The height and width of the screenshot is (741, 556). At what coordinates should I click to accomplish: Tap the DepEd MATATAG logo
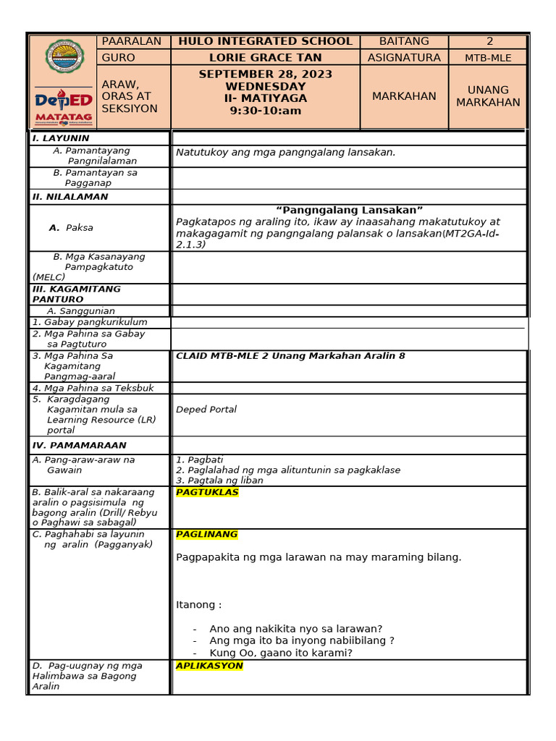click(63, 106)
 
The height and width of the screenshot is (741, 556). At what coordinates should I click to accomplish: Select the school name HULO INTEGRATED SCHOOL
click(266, 41)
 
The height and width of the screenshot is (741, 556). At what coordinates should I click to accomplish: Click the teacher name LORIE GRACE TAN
click(266, 57)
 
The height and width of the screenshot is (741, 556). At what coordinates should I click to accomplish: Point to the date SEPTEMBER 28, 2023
click(266, 75)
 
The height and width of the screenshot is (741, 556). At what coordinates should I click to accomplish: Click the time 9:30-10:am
click(266, 111)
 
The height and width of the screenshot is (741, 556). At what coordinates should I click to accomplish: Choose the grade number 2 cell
click(487, 41)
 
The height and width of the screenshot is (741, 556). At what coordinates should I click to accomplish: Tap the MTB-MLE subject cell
click(487, 58)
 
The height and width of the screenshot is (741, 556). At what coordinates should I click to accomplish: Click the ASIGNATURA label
click(403, 57)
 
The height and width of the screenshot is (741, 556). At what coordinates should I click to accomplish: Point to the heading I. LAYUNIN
click(61, 137)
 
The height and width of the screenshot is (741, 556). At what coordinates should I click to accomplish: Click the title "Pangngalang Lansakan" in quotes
click(349, 210)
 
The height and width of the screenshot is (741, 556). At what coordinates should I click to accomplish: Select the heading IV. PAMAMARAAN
click(80, 445)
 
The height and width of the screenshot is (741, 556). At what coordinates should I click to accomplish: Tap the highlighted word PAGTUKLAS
click(207, 493)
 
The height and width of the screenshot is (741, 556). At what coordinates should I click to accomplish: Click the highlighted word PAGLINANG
click(207, 534)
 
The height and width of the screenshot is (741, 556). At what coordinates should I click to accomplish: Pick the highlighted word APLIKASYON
click(209, 666)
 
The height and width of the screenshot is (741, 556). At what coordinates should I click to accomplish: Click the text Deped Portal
click(206, 409)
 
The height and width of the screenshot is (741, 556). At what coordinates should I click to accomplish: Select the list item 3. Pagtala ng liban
click(219, 480)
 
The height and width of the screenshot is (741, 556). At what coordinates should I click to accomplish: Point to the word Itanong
click(198, 604)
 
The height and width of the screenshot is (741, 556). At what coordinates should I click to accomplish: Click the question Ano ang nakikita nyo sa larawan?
click(295, 628)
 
